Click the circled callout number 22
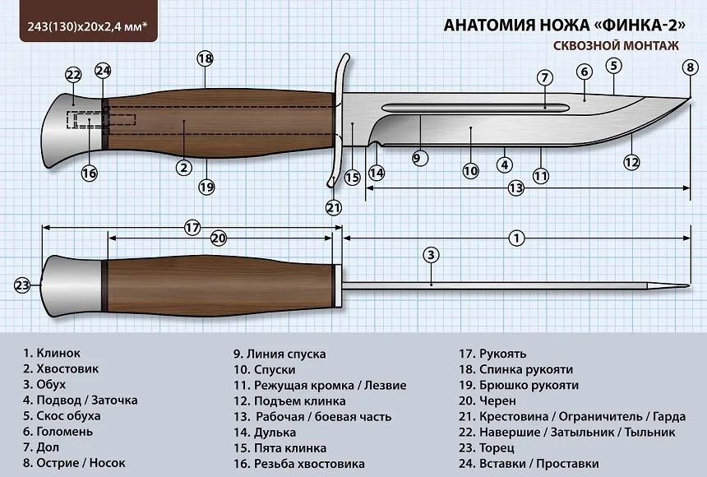click(73, 76)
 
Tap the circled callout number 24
click(103, 71)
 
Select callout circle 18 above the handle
click(205, 58)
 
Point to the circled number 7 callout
click(544, 78)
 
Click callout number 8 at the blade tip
click(690, 67)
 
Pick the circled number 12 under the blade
click(631, 162)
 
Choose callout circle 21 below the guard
click(333, 207)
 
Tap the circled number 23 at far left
click(22, 285)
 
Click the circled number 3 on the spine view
click(430, 255)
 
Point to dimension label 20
click(218, 238)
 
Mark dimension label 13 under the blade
click(515, 188)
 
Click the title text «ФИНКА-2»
click(629, 25)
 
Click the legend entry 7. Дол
click(41, 447)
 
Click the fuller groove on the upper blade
click(473, 108)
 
